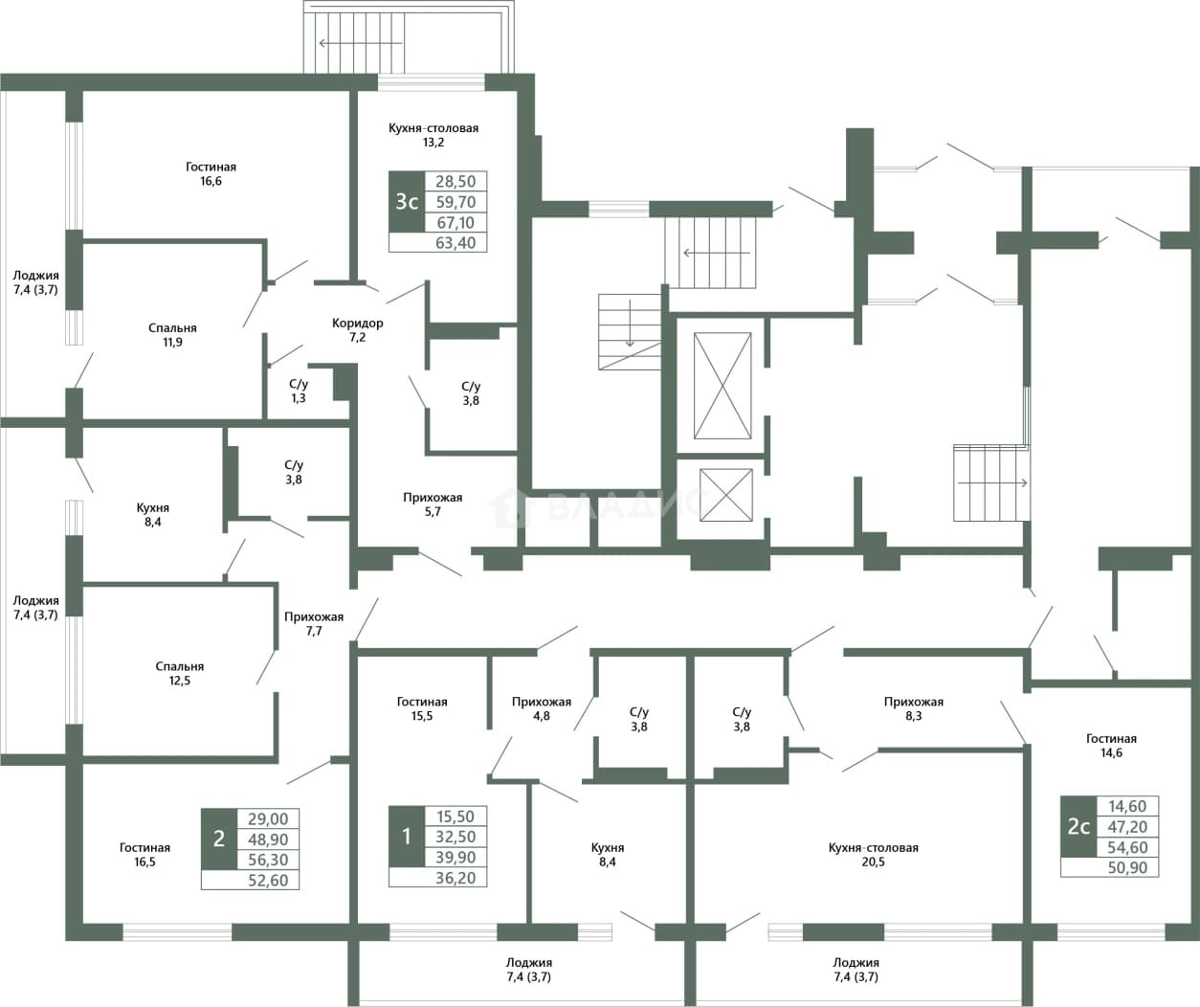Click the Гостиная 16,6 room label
(211, 173)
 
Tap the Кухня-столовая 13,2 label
(433, 135)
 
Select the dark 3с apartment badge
(407, 202)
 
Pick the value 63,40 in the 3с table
(456, 242)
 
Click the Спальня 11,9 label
(172, 334)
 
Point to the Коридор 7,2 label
(358, 330)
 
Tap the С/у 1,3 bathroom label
(299, 391)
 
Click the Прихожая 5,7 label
(433, 504)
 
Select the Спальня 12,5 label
(179, 673)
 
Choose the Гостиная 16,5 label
(144, 854)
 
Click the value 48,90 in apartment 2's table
(268, 839)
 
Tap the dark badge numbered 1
(407, 837)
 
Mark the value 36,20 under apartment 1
(456, 878)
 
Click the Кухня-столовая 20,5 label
(874, 854)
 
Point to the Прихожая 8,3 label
(914, 708)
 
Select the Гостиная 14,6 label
(1112, 745)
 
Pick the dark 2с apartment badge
(1078, 826)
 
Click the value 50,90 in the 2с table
(1127, 867)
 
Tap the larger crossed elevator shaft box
(723, 386)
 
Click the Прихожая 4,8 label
(542, 708)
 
